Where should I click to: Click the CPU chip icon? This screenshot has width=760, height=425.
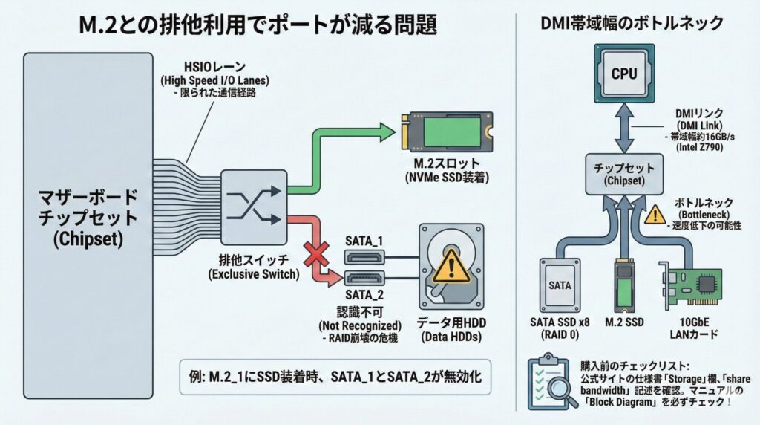coord(623,74)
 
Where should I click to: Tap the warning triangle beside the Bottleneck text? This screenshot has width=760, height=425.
coord(655,215)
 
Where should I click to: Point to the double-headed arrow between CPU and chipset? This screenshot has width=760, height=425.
coord(623,130)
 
